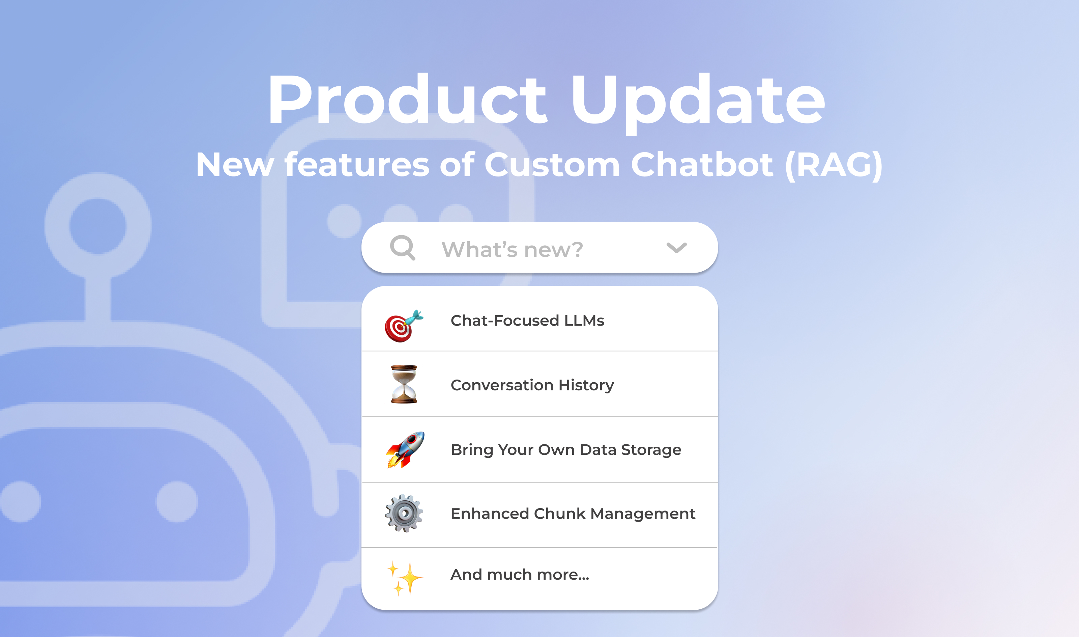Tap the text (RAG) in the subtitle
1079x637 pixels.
tap(833, 165)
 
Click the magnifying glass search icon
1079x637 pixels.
tap(402, 248)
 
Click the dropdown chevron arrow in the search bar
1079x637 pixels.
tap(676, 248)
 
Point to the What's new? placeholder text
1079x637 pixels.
tap(512, 249)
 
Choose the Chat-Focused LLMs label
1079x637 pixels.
tap(527, 321)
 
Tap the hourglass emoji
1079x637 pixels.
tap(404, 384)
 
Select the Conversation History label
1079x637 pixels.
tap(532, 385)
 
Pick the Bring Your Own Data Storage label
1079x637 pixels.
tap(566, 449)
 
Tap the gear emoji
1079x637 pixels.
tap(404, 514)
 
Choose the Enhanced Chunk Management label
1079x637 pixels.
tap(573, 514)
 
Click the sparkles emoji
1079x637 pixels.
tap(404, 578)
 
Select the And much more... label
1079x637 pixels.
tap(519, 574)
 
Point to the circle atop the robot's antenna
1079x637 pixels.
tap(98, 226)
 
